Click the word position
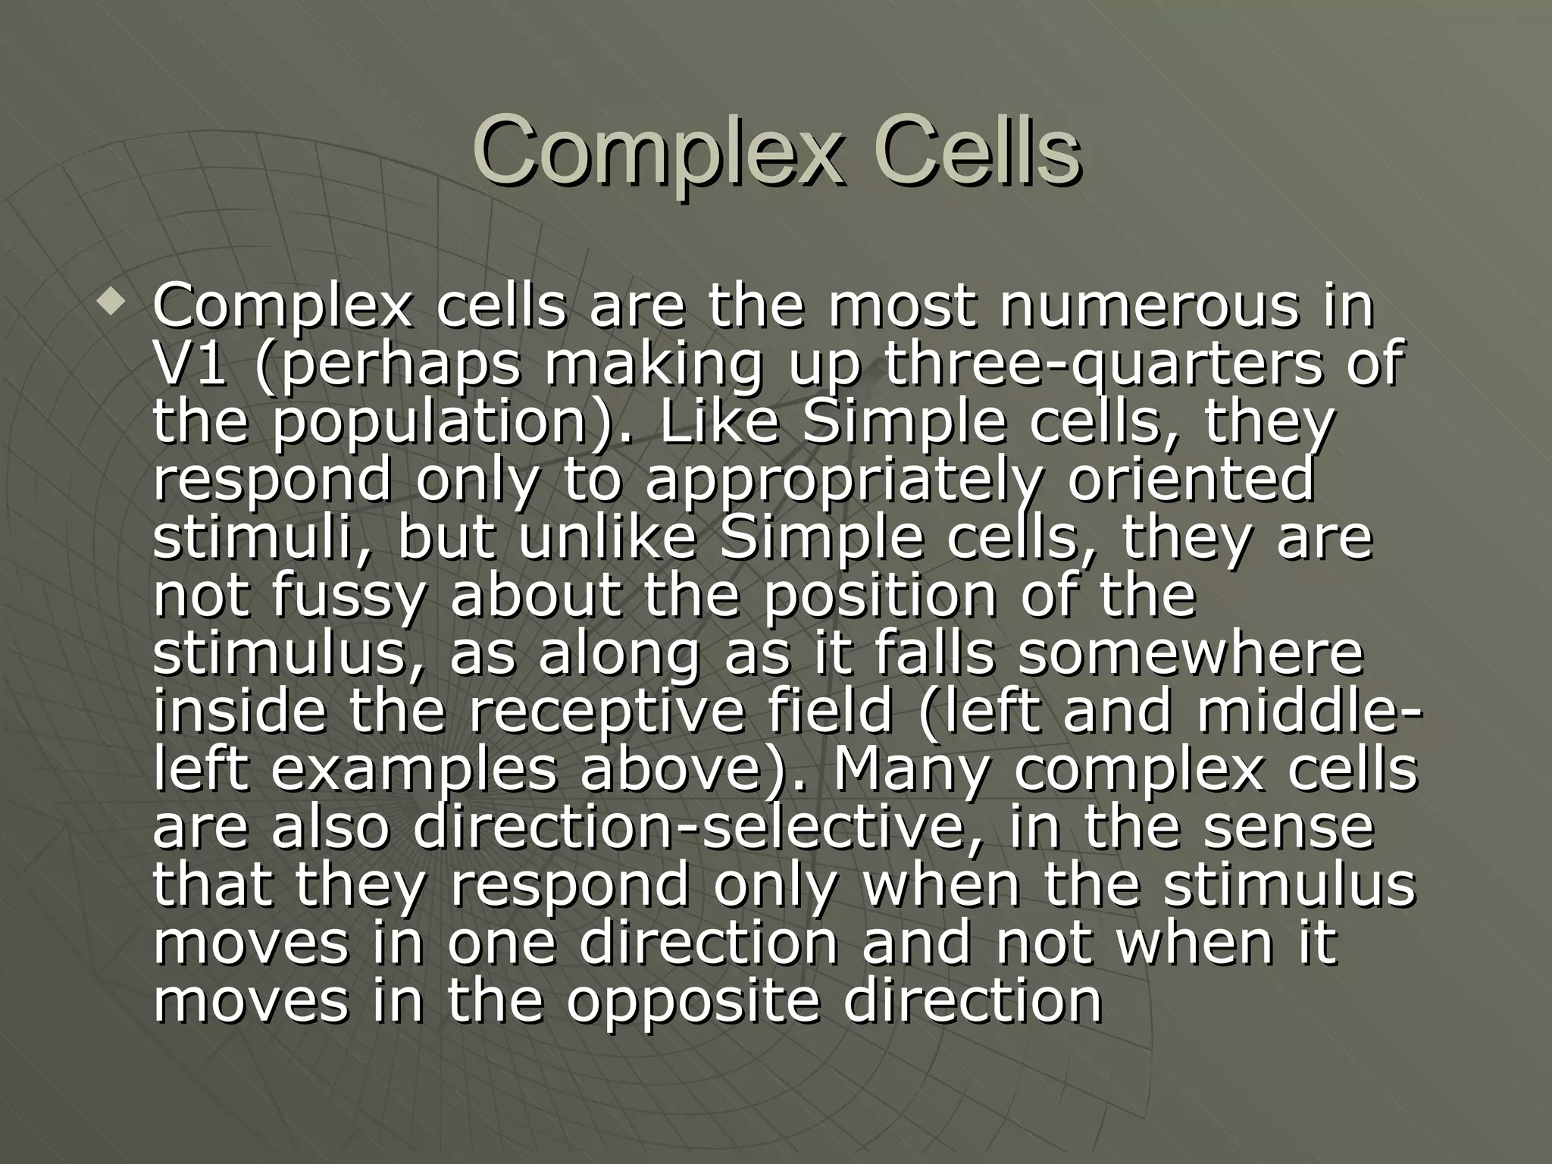pyautogui.click(x=880, y=596)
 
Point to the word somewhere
pyautogui.click(x=1190, y=653)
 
